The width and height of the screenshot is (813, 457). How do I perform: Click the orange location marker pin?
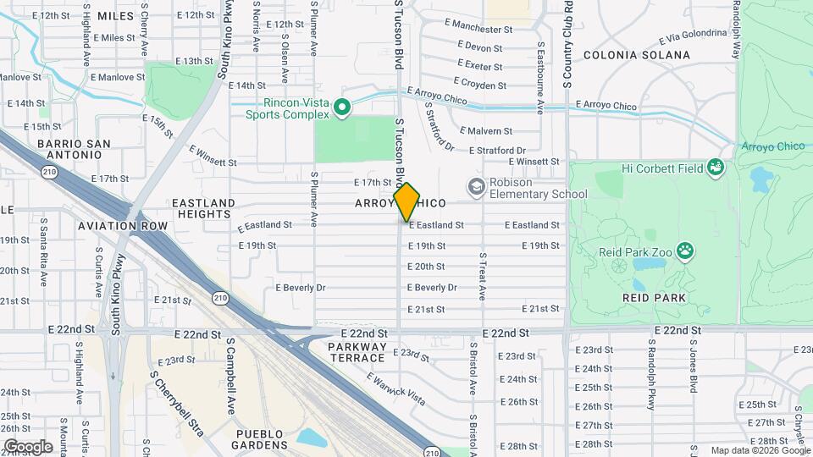point(407,202)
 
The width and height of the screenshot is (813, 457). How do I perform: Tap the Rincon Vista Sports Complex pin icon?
point(342,107)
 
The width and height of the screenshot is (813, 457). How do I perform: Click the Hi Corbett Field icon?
point(717,168)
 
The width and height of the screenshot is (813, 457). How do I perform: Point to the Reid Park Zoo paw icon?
point(684,251)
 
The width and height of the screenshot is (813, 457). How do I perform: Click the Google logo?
point(28,446)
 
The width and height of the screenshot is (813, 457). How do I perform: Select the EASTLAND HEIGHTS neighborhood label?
point(203,209)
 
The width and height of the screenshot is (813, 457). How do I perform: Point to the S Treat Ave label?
point(482,276)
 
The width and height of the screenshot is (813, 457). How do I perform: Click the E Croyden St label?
point(479,84)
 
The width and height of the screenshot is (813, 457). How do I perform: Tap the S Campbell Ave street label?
point(230,377)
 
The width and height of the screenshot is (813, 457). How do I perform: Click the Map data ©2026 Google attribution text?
point(760,450)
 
